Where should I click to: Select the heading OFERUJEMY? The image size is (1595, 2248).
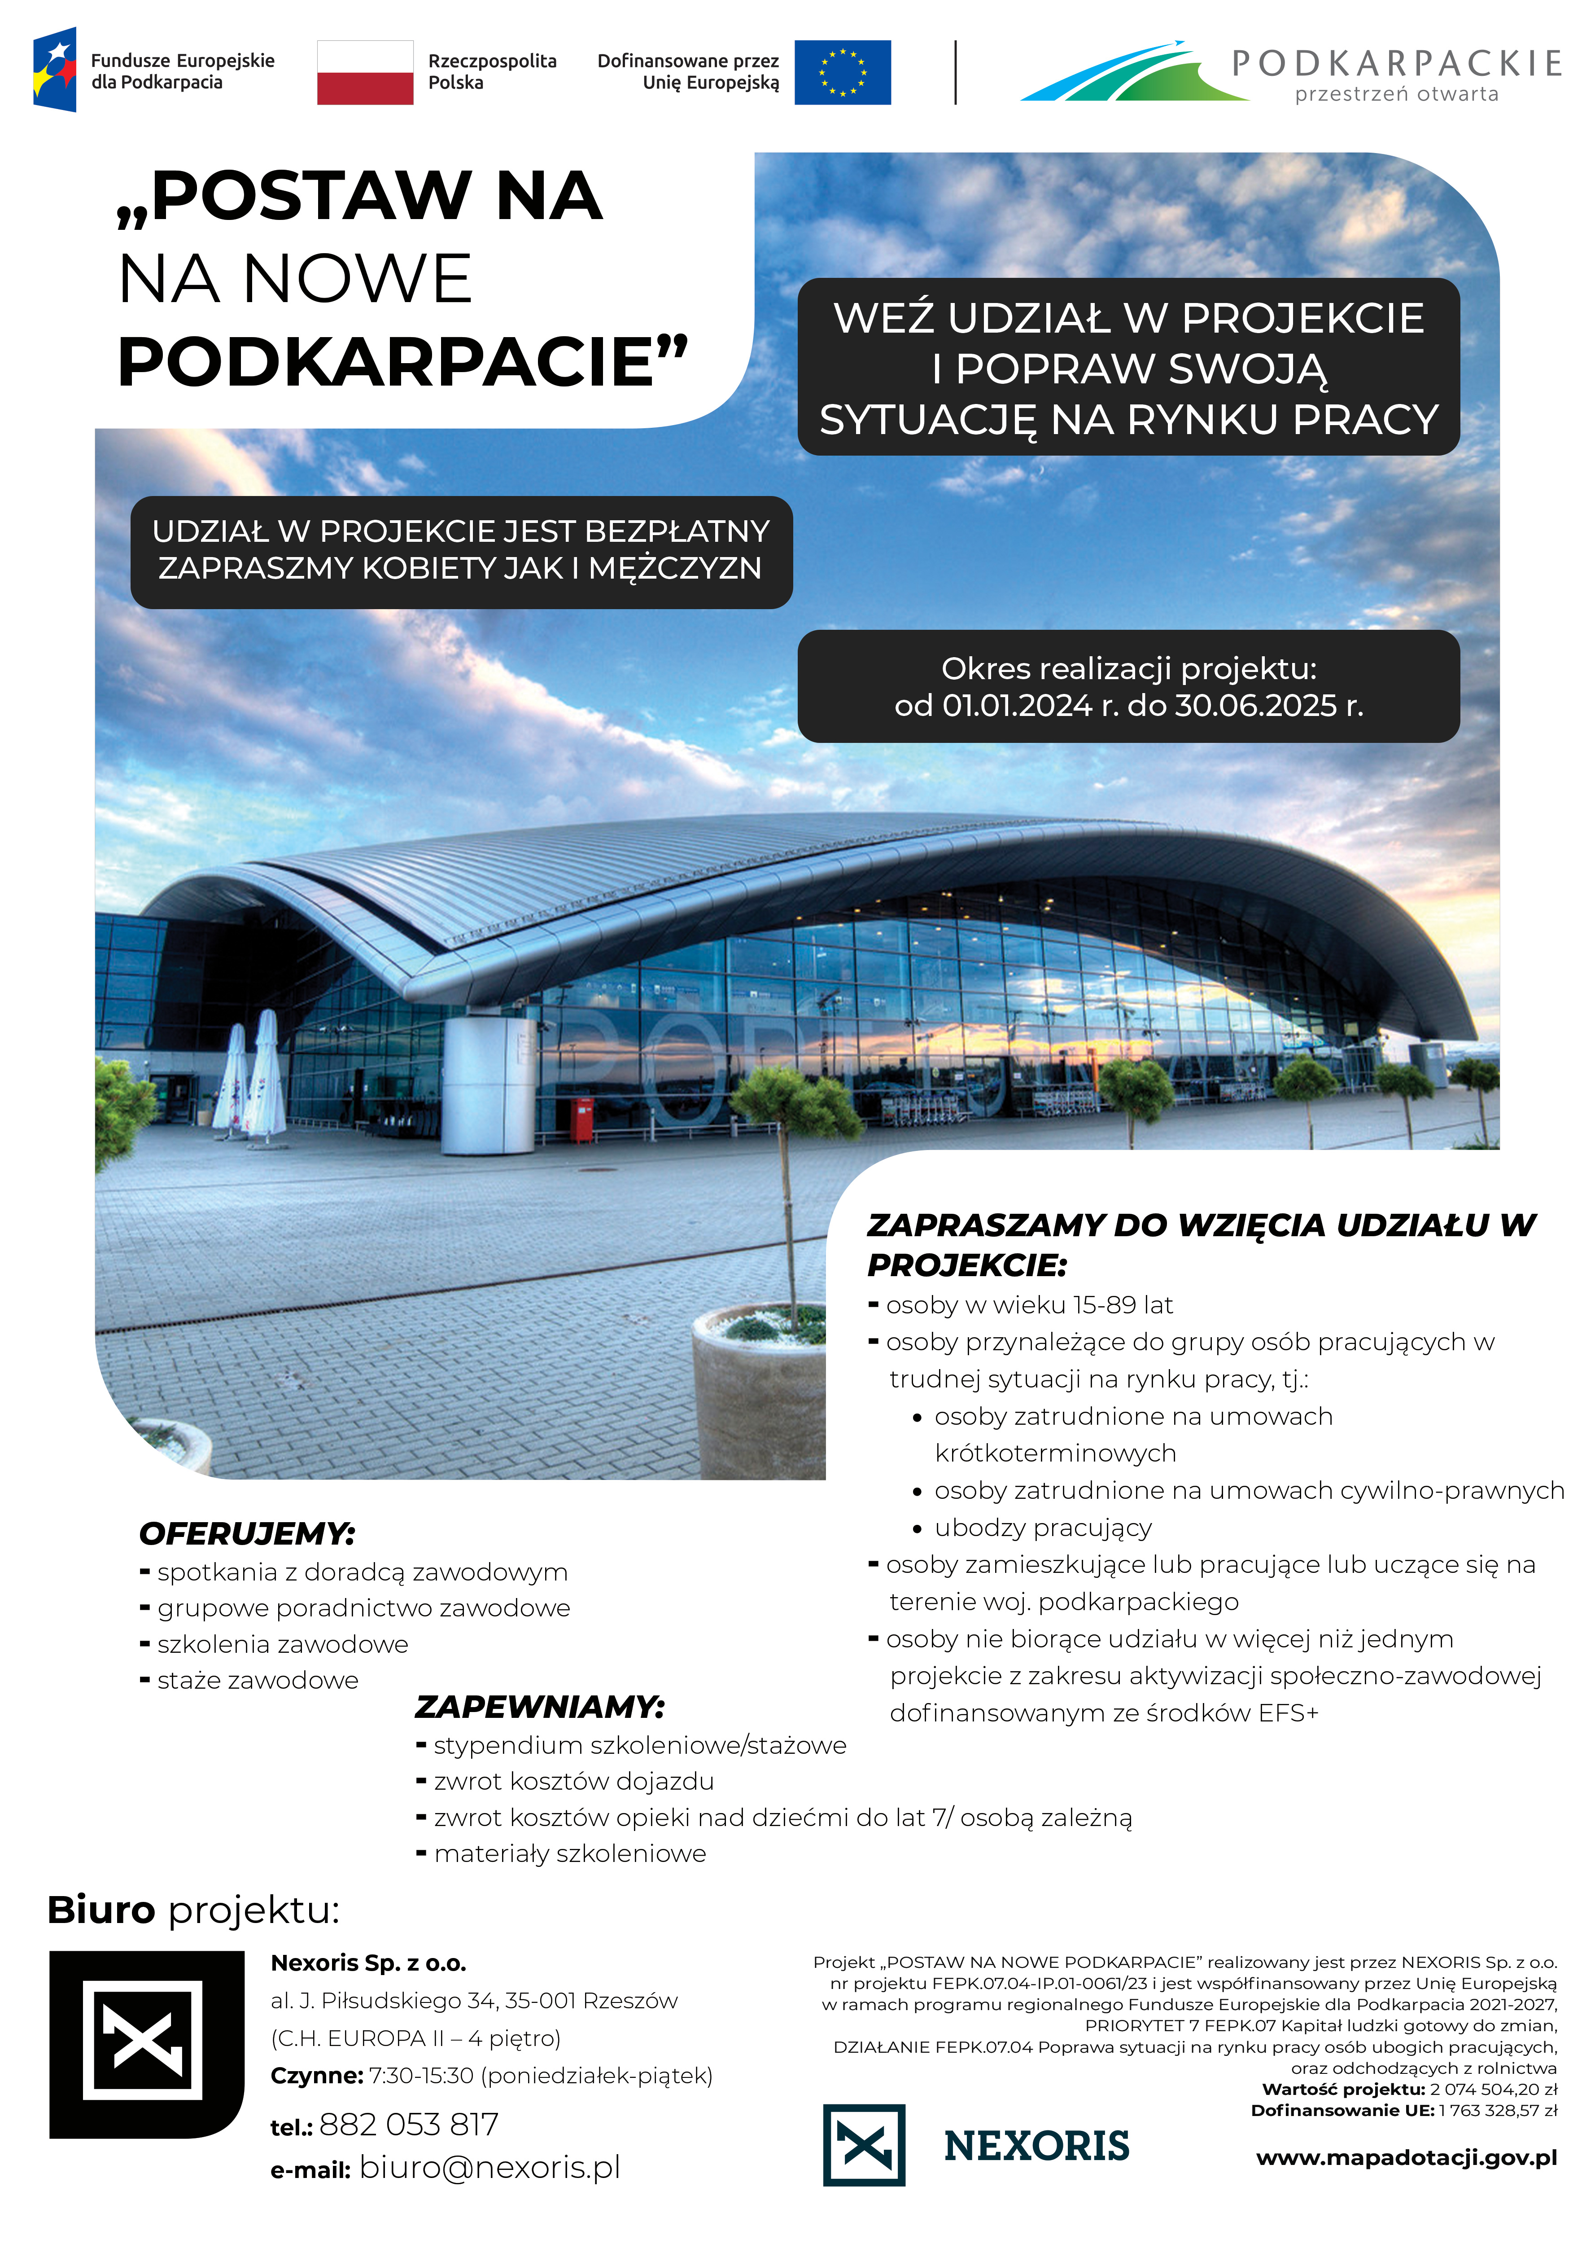tap(248, 1534)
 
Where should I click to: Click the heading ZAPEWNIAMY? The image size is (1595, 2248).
tap(539, 1707)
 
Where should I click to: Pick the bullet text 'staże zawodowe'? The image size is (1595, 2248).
tap(258, 1680)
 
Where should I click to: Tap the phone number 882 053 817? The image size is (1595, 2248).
tap(409, 2124)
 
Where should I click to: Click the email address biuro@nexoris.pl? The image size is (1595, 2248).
tap(489, 2168)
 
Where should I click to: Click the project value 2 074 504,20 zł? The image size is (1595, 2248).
tap(1493, 2089)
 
